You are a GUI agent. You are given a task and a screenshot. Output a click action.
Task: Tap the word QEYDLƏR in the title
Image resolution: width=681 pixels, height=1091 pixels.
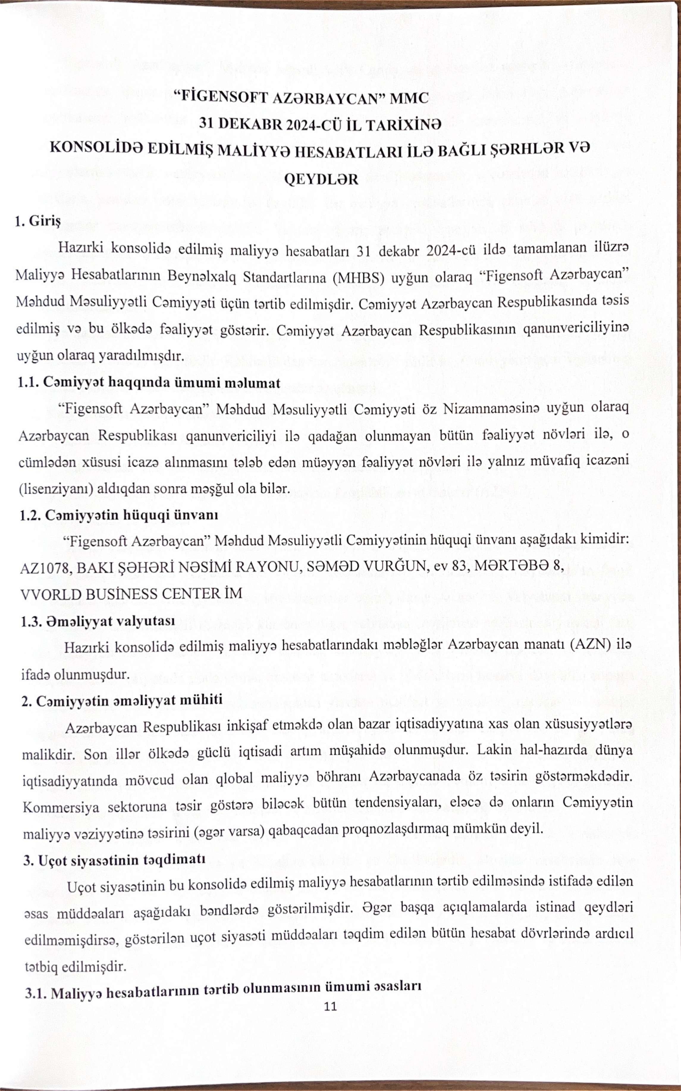[x=321, y=179]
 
